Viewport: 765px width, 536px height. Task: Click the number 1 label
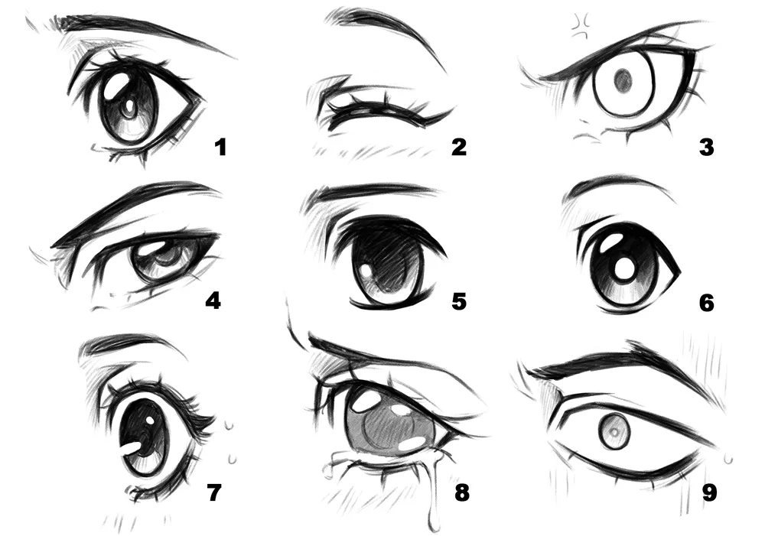[x=221, y=145]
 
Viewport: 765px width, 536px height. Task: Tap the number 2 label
[x=458, y=145]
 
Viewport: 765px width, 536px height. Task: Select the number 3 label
[x=706, y=146]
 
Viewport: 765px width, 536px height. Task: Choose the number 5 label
[x=458, y=300]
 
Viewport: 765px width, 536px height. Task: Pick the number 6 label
[x=706, y=303]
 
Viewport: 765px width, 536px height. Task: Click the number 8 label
[x=461, y=492]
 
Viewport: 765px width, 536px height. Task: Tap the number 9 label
[x=709, y=492]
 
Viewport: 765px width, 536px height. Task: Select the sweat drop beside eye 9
[x=728, y=458]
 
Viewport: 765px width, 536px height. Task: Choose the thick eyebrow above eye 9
[x=612, y=363]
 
